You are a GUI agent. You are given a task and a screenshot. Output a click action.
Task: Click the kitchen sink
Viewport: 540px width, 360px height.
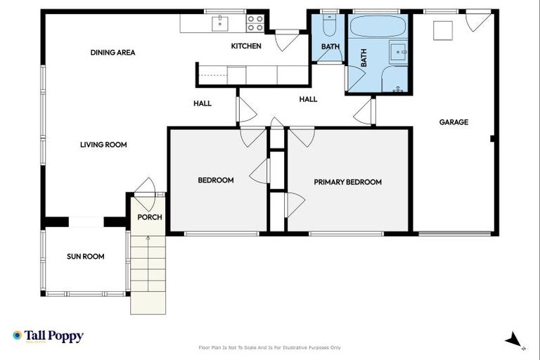click(x=221, y=22)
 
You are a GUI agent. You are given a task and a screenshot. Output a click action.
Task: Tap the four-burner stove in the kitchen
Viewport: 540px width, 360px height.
click(x=255, y=23)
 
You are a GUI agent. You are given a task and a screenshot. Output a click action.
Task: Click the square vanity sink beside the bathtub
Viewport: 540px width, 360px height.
click(x=398, y=51)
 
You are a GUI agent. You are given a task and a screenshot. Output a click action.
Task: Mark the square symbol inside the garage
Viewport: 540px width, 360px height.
click(x=442, y=31)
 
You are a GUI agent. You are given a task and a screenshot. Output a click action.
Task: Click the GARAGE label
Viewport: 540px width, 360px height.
click(x=454, y=122)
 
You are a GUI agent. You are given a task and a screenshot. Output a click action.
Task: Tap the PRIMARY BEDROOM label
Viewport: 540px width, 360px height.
click(x=347, y=182)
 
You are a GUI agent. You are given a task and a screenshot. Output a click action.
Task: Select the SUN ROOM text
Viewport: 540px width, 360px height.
click(x=85, y=257)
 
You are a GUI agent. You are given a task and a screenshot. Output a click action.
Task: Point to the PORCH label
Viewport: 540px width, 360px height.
click(x=149, y=217)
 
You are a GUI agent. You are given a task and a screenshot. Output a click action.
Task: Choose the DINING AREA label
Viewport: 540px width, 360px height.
click(x=112, y=53)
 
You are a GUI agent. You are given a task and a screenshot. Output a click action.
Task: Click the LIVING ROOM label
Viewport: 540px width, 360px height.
click(x=103, y=145)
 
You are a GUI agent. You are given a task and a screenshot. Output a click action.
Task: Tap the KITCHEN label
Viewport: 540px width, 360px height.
click(x=246, y=46)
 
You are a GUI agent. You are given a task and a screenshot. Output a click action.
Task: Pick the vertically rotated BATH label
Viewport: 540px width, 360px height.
click(x=364, y=58)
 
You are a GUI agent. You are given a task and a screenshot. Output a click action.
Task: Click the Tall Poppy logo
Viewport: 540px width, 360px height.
click(x=48, y=336)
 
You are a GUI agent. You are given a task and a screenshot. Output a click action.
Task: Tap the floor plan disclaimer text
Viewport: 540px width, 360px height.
click(x=270, y=347)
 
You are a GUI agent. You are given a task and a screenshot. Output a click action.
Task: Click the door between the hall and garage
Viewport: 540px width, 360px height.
click(x=364, y=111)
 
